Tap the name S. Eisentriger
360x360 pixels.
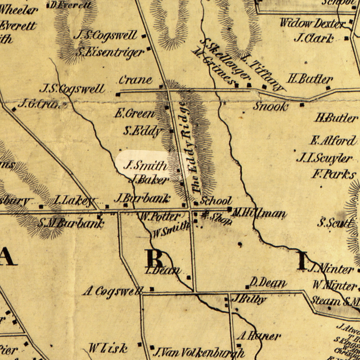[x=110, y=53]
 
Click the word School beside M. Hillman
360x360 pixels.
[x=216, y=201]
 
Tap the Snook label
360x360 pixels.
[x=271, y=106]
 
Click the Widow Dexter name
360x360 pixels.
[x=312, y=23]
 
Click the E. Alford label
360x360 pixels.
[x=333, y=141]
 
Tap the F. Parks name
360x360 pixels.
[x=333, y=174]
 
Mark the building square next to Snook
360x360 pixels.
[x=302, y=104]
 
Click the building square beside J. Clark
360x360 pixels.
[x=346, y=39]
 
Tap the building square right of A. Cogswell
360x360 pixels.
[x=152, y=289]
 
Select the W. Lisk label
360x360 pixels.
[x=108, y=348]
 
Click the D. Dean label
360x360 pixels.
[x=268, y=282]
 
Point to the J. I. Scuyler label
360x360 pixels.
[x=324, y=158]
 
